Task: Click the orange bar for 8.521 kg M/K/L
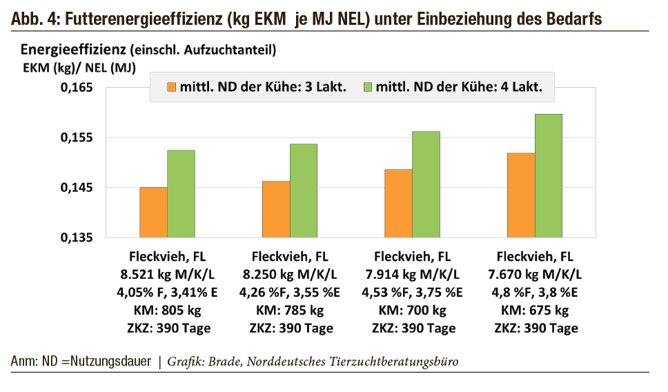click(x=153, y=212)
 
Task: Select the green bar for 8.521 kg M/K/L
click(x=181, y=194)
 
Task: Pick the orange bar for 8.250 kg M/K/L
click(x=276, y=209)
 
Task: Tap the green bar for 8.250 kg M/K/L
click(x=304, y=190)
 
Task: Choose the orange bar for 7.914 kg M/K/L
click(x=399, y=203)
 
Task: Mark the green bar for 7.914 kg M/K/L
click(x=426, y=184)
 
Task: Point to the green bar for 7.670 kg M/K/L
click(x=549, y=175)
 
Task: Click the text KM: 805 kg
click(x=168, y=310)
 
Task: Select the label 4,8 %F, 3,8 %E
click(x=537, y=291)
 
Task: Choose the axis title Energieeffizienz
click(x=63, y=50)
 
